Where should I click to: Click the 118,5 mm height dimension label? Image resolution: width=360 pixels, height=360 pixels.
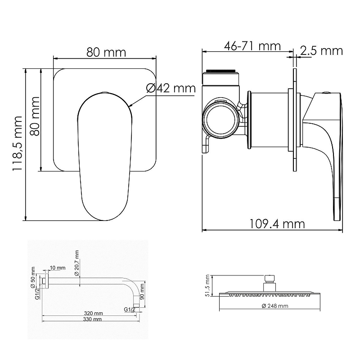coord(18,143)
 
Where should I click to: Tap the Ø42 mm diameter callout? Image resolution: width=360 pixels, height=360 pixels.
coord(171,88)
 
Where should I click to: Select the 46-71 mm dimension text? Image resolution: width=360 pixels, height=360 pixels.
coord(252,46)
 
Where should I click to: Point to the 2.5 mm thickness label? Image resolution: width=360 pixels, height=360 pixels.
coord(321,50)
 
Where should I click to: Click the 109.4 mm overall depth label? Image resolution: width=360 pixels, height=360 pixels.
coord(277,224)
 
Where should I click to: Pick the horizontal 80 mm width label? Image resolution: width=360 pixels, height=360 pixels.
coord(106,52)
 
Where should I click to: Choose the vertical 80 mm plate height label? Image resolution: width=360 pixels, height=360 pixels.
coord(35,116)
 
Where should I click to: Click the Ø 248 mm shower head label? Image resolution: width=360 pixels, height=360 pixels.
coord(275,306)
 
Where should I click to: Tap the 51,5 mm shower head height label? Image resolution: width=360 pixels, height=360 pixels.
coord(207,285)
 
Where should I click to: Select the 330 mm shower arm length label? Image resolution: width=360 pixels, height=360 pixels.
coord(92,319)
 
